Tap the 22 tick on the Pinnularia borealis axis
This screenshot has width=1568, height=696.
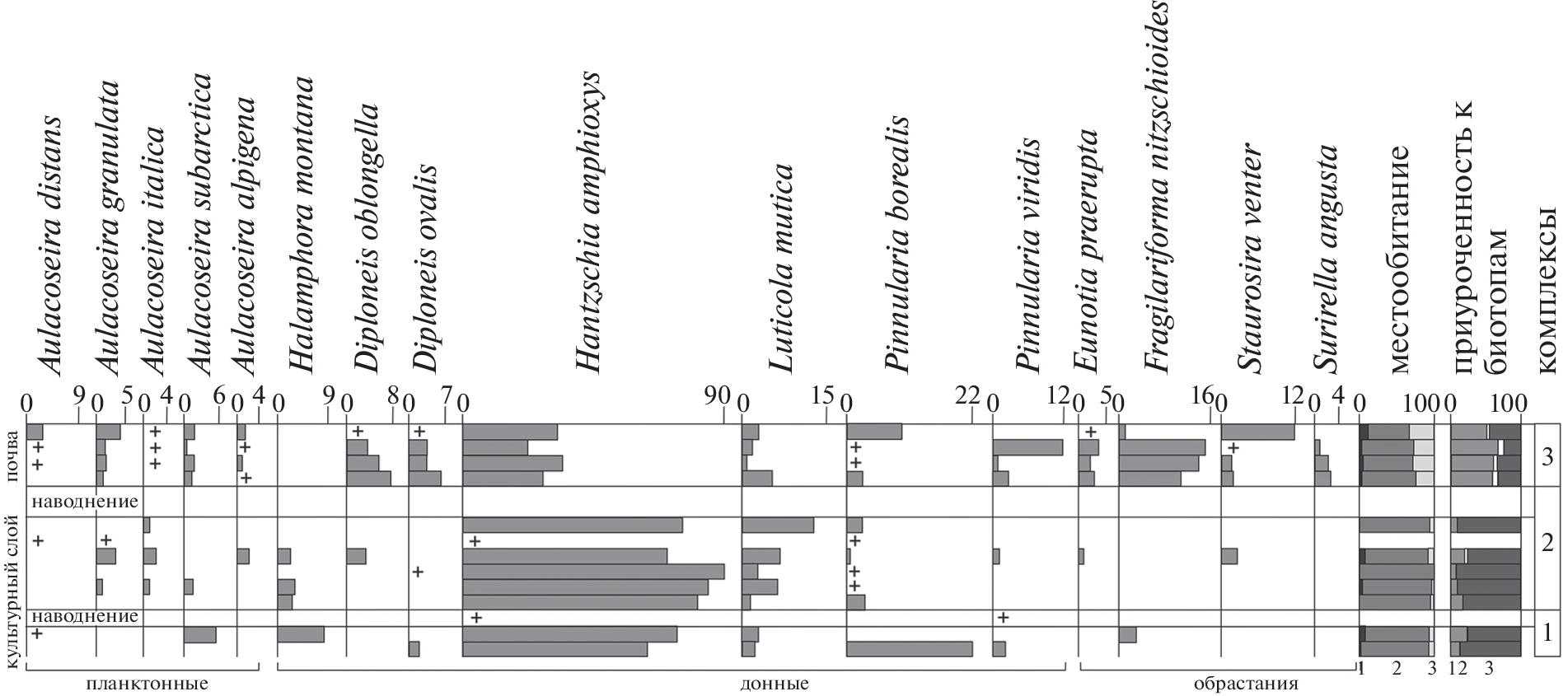point(967,397)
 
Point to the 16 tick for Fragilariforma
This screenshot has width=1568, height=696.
point(1204,397)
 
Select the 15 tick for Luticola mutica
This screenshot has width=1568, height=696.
point(823,397)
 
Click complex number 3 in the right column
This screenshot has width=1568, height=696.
point(1547,456)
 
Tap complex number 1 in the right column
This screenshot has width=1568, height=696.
point(1547,632)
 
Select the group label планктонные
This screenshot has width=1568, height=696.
point(146,684)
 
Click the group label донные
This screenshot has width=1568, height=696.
point(774,684)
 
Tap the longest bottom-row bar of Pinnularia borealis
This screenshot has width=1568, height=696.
point(909,649)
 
